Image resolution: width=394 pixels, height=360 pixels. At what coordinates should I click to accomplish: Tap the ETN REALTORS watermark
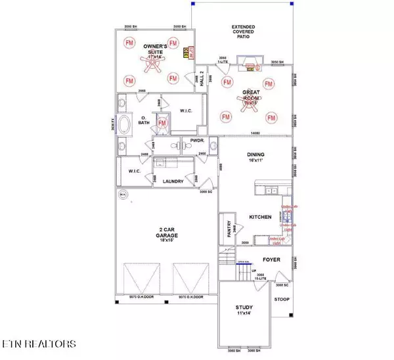(39, 343)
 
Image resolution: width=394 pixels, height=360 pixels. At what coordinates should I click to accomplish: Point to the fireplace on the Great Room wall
(250, 63)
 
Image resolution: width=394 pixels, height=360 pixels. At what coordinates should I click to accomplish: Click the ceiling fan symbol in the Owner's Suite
(152, 58)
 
